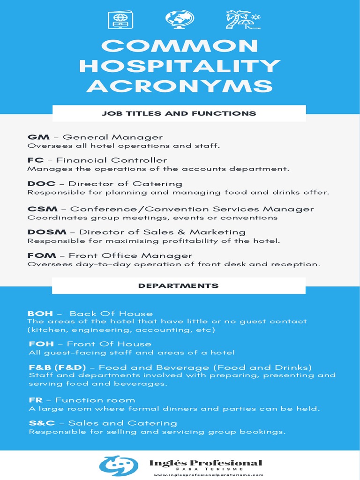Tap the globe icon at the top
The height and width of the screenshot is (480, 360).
pyautogui.click(x=179, y=20)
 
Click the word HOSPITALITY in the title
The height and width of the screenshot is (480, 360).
pyautogui.click(x=180, y=66)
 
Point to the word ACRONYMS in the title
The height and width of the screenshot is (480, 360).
pyautogui.click(x=180, y=86)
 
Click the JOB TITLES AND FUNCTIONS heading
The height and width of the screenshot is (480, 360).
pyautogui.click(x=179, y=113)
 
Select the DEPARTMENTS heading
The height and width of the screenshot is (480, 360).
pyautogui.click(x=179, y=285)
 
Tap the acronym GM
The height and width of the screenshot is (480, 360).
pyautogui.click(x=35, y=137)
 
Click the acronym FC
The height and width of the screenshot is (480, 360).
pyautogui.click(x=35, y=160)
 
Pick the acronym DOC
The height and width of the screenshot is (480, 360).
pyautogui.click(x=41, y=184)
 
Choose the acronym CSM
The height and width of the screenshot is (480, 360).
pyautogui.click(x=42, y=209)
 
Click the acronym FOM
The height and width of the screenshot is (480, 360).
pyautogui.click(x=42, y=256)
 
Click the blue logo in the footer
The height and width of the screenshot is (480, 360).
pyautogui.click(x=119, y=465)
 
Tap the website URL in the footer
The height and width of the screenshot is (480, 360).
pyautogui.click(x=206, y=475)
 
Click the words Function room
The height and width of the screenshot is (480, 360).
pyautogui.click(x=95, y=400)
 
